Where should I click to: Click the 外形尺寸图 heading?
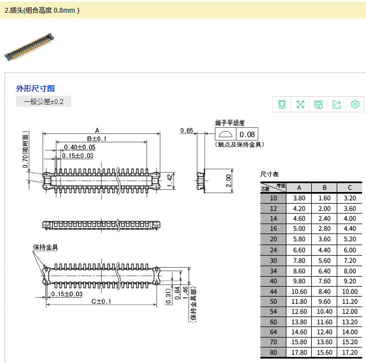click(x=35, y=89)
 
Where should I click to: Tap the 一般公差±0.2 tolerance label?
click(x=44, y=102)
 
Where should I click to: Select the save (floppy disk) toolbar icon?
click(x=318, y=104)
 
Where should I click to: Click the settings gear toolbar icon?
click(x=355, y=104)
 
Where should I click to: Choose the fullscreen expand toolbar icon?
click(x=300, y=104)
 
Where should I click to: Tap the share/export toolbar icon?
click(x=337, y=104)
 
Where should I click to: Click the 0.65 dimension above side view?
click(x=187, y=131)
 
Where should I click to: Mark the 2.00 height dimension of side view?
click(x=228, y=180)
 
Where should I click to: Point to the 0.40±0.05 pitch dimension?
click(x=80, y=147)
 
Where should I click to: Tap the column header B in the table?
click(x=325, y=187)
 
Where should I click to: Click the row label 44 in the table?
click(x=273, y=291)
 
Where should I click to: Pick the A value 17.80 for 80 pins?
click(x=299, y=352)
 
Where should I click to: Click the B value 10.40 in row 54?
click(x=325, y=312)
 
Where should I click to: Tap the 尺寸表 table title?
click(x=270, y=174)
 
